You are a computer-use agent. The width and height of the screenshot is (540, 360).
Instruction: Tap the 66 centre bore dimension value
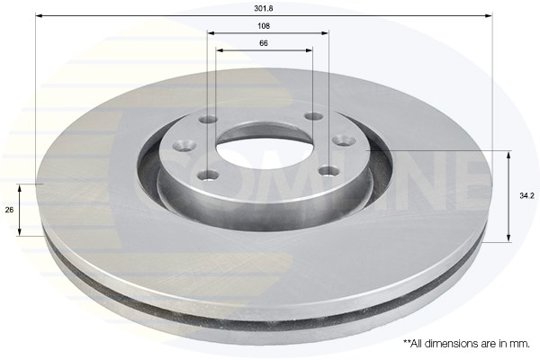coord(265,43)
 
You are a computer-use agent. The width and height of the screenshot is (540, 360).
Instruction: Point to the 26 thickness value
coord(9,210)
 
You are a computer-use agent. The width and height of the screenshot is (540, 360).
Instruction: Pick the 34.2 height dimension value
coord(526,194)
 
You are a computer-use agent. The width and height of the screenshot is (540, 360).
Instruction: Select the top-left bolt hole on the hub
coord(208,119)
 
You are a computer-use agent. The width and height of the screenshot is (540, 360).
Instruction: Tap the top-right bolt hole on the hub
coord(313,116)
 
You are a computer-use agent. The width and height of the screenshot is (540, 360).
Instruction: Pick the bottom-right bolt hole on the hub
coord(328,170)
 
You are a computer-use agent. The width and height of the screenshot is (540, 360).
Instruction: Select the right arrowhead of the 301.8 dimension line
coord(491,16)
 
